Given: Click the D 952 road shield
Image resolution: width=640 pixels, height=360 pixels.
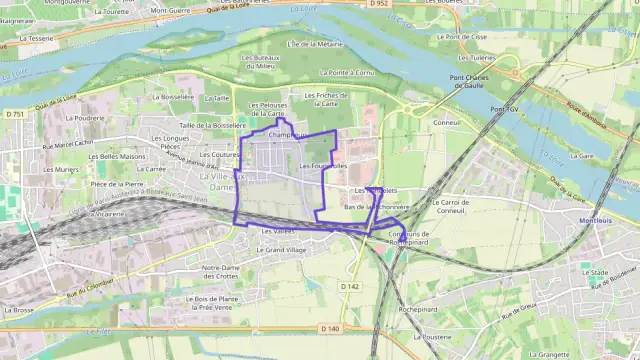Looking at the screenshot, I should pos(378,4).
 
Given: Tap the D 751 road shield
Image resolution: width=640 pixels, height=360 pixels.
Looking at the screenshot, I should pos(14,115).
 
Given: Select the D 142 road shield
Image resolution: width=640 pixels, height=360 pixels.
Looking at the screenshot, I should pos(349,286).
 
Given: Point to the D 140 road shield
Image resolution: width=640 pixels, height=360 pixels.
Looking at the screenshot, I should pos(331,328).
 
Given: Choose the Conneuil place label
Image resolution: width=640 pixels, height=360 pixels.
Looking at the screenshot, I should pos(447,123).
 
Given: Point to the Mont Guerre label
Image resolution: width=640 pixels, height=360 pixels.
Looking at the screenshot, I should pos(171,10).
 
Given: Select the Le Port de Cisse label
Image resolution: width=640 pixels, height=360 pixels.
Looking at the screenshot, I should pos(466,36).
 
